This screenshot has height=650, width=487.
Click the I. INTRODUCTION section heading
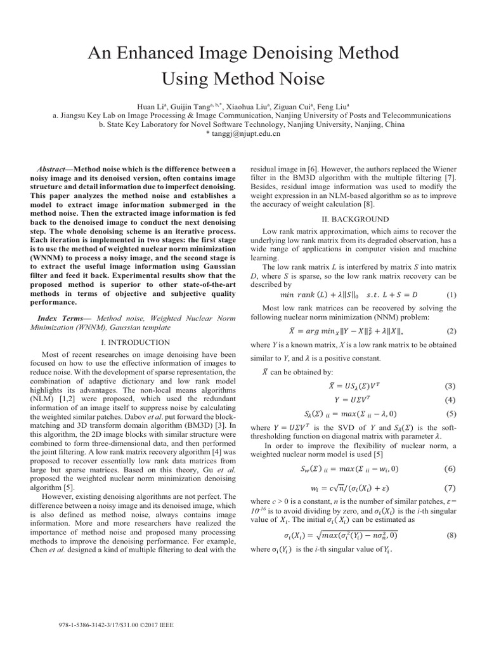click(136, 342)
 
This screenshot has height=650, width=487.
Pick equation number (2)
click(451, 331)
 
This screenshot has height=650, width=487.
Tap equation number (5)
click(451, 413)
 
